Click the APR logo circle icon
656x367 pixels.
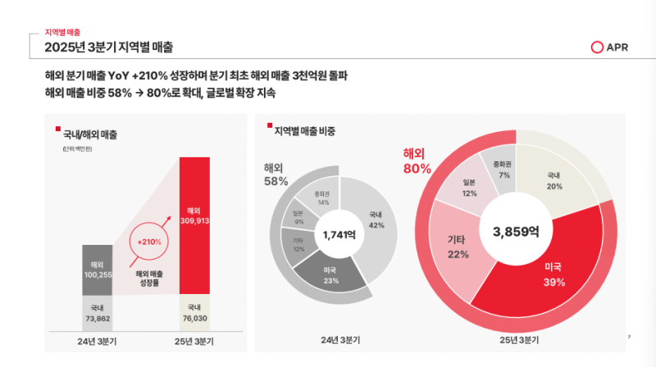pos(597,48)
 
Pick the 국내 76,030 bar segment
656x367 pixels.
pos(199,313)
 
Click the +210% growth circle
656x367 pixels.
pos(149,242)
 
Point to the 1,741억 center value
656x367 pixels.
pos(339,235)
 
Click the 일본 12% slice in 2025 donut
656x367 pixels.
pos(469,188)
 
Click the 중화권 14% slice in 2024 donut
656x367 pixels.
pos(323,197)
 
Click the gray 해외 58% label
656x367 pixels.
pos(276,174)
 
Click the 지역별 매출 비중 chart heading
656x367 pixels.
pos(304,130)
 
